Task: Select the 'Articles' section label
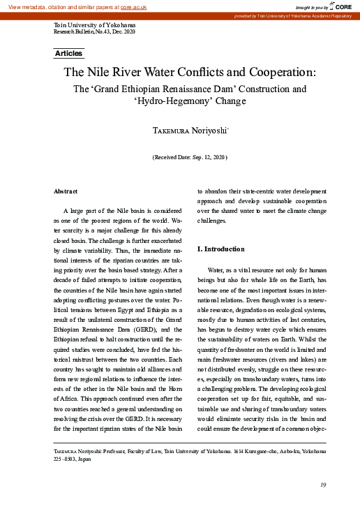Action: (x=68, y=53)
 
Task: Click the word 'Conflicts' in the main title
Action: (x=183, y=72)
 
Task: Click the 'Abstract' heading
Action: (x=66, y=191)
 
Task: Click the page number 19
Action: (x=323, y=485)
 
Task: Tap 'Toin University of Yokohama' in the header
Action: (x=94, y=25)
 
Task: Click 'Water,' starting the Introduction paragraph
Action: (x=218, y=270)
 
